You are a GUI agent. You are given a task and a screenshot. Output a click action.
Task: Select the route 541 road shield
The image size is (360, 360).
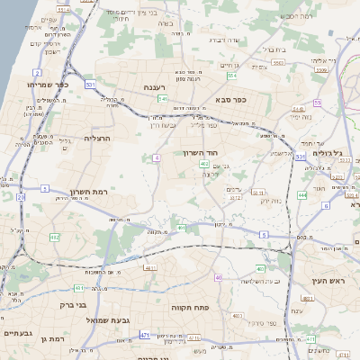point(163,99)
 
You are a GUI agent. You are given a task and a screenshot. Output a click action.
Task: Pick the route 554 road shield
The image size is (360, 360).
point(231,76)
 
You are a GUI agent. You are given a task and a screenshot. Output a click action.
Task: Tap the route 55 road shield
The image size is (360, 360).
point(317,103)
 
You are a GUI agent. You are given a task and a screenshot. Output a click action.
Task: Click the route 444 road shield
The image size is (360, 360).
point(302,194)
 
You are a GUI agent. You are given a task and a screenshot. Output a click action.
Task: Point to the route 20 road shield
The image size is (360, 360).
point(21,197)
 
